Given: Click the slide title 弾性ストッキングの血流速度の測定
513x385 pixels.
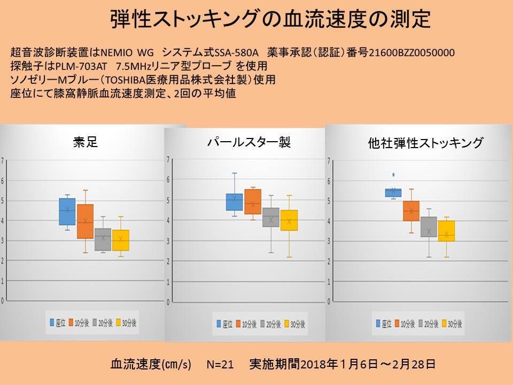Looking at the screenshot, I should click(270, 19).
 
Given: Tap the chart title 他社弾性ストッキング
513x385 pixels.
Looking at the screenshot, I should click(426, 143).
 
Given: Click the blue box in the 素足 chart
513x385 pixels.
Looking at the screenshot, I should click(67, 212).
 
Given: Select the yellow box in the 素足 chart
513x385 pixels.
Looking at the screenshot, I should click(121, 240).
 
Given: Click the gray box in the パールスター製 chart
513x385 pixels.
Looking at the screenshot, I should click(271, 218).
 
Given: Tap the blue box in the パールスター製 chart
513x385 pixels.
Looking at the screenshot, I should click(234, 202).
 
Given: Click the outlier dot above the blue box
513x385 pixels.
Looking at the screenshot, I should click(394, 174).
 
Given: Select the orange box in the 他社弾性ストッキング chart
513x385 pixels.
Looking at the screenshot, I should click(411, 211).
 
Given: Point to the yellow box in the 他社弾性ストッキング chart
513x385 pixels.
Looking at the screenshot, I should click(447, 231).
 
